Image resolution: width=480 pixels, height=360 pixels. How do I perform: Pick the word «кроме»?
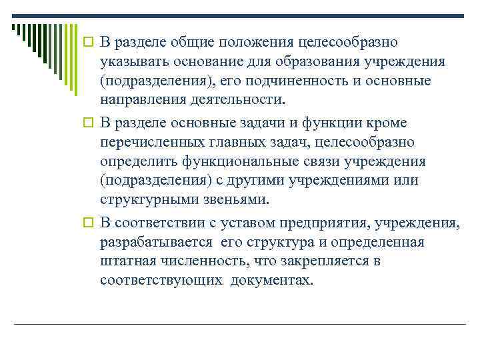(x=397, y=123)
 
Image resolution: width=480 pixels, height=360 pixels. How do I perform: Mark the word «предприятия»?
(x=333, y=222)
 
